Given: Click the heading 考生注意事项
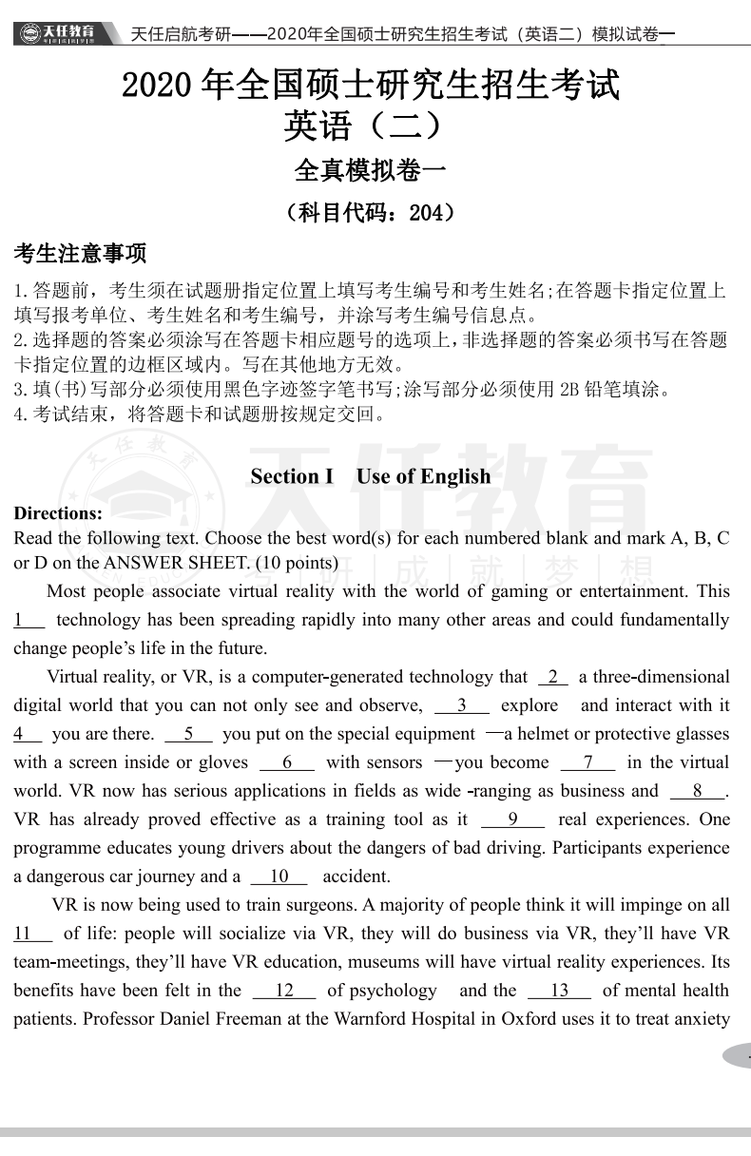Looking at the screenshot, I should (x=80, y=255).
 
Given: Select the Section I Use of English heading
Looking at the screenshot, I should (x=371, y=476).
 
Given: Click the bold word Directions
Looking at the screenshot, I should (x=58, y=513).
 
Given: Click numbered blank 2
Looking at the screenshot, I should (x=553, y=677).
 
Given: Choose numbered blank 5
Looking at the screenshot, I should (x=188, y=734).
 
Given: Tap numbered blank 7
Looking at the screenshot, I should (x=587, y=762).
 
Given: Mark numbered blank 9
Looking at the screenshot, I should (x=512, y=819).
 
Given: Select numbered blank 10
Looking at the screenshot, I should (x=279, y=877).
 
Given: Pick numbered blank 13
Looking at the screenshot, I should (x=559, y=991).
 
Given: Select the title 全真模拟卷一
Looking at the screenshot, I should (x=371, y=171).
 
